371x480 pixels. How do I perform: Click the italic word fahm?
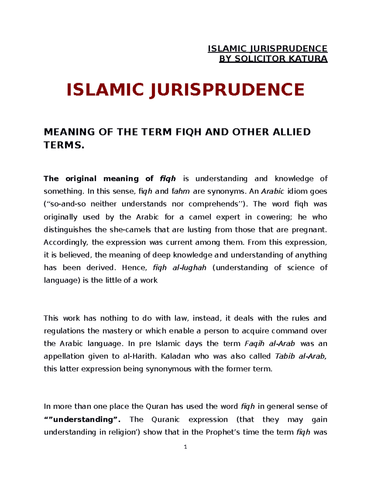(x=180, y=191)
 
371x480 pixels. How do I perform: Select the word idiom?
(x=298, y=191)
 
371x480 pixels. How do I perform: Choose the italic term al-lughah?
(x=189, y=268)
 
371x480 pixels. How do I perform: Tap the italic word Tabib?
(x=285, y=356)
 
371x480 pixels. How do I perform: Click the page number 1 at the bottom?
(x=185, y=447)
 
